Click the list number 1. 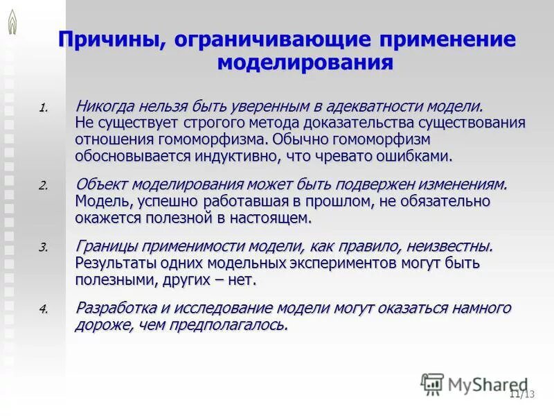tap(44, 109)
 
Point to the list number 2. tap(44, 187)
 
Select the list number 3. tap(44, 248)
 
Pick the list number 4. tap(44, 309)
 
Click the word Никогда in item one tap(105, 107)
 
